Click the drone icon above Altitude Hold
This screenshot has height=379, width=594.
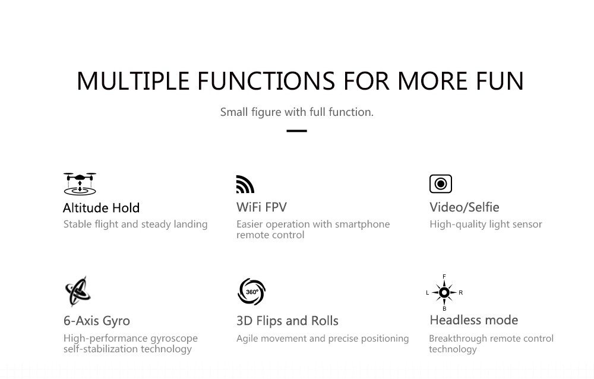80,184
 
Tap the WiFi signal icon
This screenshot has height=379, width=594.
245,184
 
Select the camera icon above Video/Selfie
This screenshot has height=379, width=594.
441,184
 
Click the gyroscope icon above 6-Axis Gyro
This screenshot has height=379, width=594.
78,291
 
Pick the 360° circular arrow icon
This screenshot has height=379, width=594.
251,292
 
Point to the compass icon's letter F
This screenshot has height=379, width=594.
444,277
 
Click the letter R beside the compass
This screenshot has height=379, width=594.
461,293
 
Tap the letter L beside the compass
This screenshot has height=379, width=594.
428,293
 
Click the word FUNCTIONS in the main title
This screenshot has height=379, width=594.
266,81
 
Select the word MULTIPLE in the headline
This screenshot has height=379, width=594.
133,81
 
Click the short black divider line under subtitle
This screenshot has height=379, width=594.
296,131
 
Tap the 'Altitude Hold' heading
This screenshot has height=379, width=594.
101,208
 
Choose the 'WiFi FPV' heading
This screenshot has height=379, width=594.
261,207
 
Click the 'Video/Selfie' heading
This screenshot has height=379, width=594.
465,207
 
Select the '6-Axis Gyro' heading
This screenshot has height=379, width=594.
97,321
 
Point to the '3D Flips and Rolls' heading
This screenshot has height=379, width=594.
287,321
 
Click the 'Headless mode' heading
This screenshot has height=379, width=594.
474,320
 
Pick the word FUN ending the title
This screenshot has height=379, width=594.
500,81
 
